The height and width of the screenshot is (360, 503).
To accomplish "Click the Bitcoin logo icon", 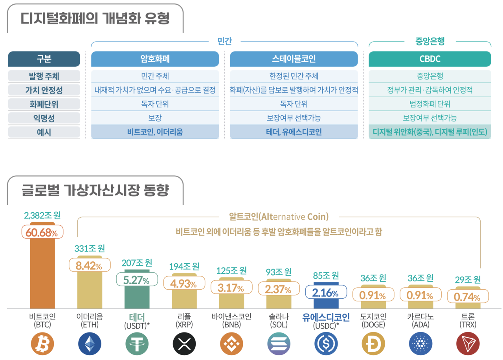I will point(42,344).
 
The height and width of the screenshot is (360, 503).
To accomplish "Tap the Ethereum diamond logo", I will point(90,344).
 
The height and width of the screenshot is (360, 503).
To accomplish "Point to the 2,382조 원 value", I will point(42,215).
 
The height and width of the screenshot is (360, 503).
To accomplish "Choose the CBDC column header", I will point(430,59).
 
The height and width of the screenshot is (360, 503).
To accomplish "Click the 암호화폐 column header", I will point(155,59).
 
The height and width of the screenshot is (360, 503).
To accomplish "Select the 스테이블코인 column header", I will point(294,59).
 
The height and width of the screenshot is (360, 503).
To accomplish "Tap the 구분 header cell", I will point(44,59).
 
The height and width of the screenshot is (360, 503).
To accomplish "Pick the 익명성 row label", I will point(44,118).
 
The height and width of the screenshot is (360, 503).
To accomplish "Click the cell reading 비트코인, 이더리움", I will point(155,132).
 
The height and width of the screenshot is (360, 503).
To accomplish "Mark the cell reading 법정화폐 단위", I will point(430,104).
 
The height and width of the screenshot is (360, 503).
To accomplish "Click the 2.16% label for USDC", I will point(325,293).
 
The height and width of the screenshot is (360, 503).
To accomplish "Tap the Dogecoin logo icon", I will point(373,344).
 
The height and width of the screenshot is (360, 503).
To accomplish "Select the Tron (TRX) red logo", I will point(468,344).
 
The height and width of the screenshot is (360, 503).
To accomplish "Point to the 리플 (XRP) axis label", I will point(184,320).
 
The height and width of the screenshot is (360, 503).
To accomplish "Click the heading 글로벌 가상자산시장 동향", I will point(95,191).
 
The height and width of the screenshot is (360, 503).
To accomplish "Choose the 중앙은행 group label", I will point(430,41).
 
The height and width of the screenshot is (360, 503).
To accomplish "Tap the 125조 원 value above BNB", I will point(231,271).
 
